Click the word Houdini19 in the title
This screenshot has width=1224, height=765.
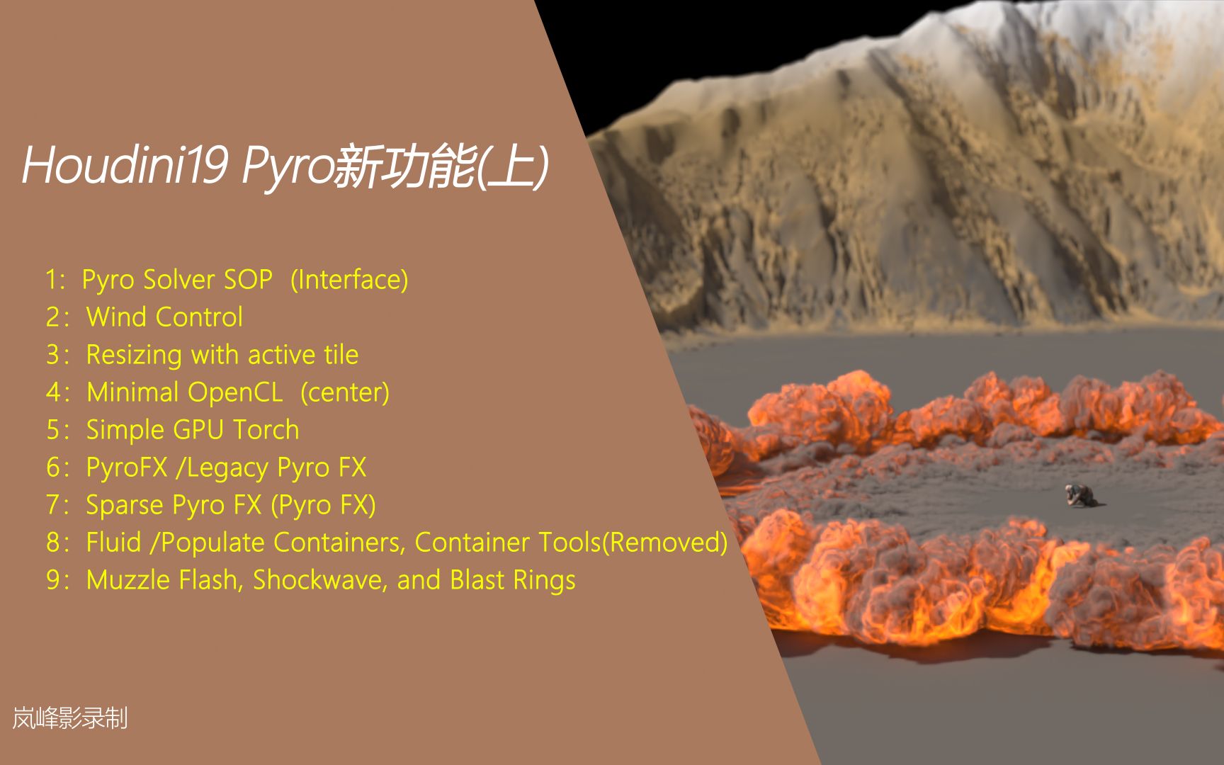125,166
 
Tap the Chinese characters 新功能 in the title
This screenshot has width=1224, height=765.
403,167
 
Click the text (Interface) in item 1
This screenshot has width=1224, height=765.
349,280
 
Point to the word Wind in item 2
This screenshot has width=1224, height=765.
116,317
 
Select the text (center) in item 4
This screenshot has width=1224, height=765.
345,392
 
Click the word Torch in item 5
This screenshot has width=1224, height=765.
266,430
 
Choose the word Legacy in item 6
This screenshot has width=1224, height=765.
228,468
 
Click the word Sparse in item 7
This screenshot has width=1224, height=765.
125,505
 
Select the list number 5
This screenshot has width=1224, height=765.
53,430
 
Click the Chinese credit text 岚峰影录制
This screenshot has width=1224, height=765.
70,718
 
